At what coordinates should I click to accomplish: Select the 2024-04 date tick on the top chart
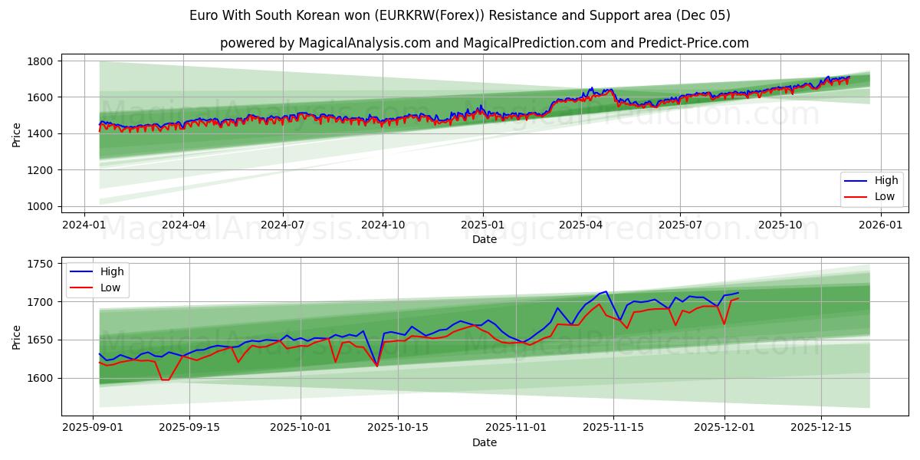(x=183, y=225)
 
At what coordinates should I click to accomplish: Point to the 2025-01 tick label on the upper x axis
(x=482, y=225)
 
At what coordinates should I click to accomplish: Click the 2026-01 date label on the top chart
(x=880, y=225)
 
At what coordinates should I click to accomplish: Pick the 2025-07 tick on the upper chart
(x=681, y=225)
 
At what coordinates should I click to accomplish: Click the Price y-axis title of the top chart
(x=17, y=134)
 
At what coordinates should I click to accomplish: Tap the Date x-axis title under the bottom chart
(x=485, y=442)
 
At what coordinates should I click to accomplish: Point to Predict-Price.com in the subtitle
(x=695, y=43)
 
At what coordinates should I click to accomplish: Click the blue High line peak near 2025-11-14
(x=606, y=291)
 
